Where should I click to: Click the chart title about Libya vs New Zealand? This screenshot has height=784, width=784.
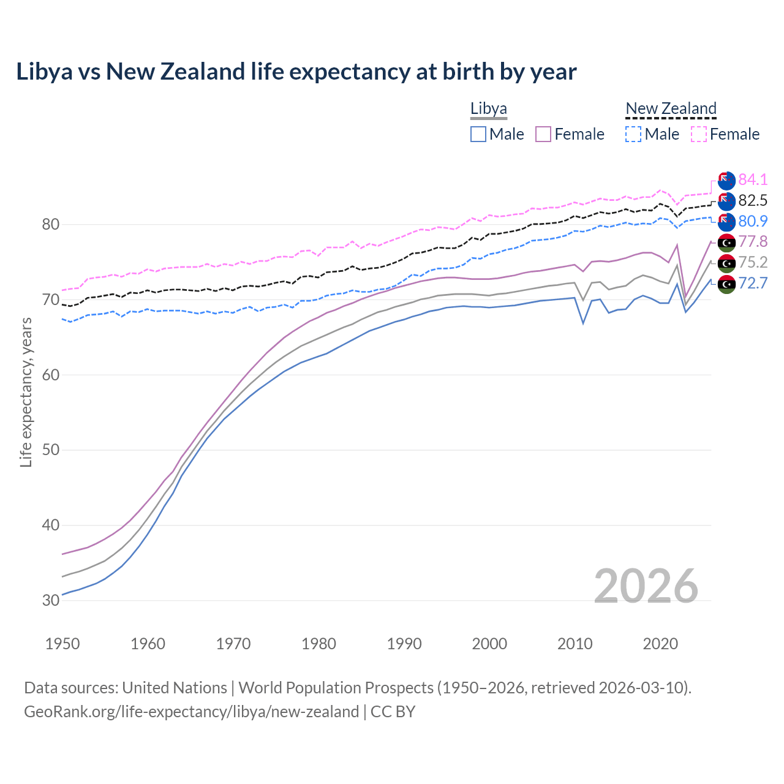pos(296,72)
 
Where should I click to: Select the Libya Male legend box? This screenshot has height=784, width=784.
pos(478,134)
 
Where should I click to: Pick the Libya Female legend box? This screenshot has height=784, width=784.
pos(543,134)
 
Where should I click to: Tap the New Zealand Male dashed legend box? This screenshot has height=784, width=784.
pos(633,134)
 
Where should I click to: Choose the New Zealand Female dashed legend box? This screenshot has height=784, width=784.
pos(699,134)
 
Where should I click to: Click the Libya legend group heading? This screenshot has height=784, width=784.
pos(489,109)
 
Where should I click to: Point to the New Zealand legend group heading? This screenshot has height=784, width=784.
pos(671,109)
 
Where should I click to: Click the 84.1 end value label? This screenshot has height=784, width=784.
pos(753,179)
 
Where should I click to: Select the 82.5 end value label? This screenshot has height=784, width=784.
pos(753,200)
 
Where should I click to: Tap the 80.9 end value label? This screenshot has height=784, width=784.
pos(753,221)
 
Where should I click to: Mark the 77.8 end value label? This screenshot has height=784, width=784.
pos(753,242)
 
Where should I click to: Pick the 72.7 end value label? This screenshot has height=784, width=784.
pos(753,283)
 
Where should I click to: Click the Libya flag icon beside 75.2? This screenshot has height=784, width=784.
pos(726,263)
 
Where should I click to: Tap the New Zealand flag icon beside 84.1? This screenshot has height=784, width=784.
pos(726,180)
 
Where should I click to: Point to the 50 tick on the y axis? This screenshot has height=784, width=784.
pos(51,450)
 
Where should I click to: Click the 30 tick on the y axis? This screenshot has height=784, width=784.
pos(51,600)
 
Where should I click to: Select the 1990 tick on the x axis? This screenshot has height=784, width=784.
pos(404,644)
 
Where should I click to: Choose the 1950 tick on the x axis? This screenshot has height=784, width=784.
pos(63,644)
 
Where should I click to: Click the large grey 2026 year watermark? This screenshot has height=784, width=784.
pos(646,586)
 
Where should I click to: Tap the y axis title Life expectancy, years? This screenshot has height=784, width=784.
pos(26,392)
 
